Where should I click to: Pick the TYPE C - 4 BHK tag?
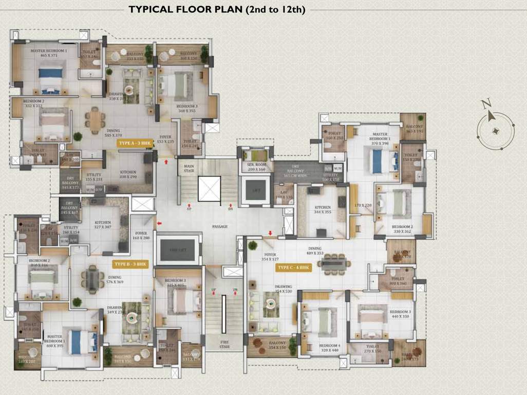point(294,267)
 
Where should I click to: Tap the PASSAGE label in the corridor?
point(220,227)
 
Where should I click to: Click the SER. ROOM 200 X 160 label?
point(256,166)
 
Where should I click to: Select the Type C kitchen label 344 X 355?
point(323,210)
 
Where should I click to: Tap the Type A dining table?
point(95,122)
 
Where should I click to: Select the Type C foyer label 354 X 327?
point(270,257)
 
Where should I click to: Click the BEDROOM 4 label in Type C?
point(329,348)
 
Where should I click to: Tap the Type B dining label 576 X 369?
point(115,280)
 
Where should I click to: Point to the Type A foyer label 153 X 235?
point(165,139)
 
